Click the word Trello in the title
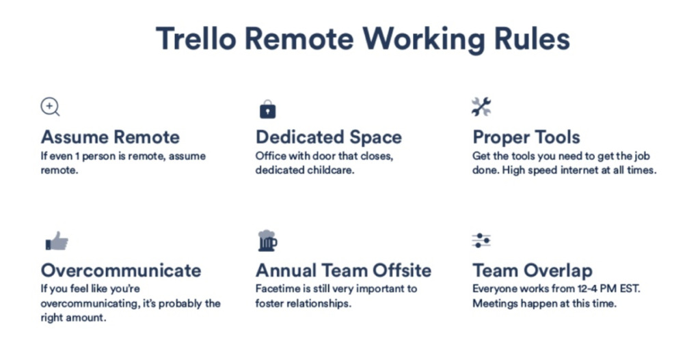click(196, 38)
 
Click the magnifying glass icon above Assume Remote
click(50, 107)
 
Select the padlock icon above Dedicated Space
click(268, 109)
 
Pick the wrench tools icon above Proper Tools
click(481, 107)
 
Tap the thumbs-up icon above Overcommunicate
click(57, 241)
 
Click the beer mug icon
click(267, 241)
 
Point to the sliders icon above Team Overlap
click(481, 240)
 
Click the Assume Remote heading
click(110, 137)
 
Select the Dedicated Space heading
click(329, 137)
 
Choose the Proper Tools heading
click(526, 137)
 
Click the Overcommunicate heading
click(121, 271)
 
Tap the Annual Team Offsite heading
click(343, 271)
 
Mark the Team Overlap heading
click(533, 271)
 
